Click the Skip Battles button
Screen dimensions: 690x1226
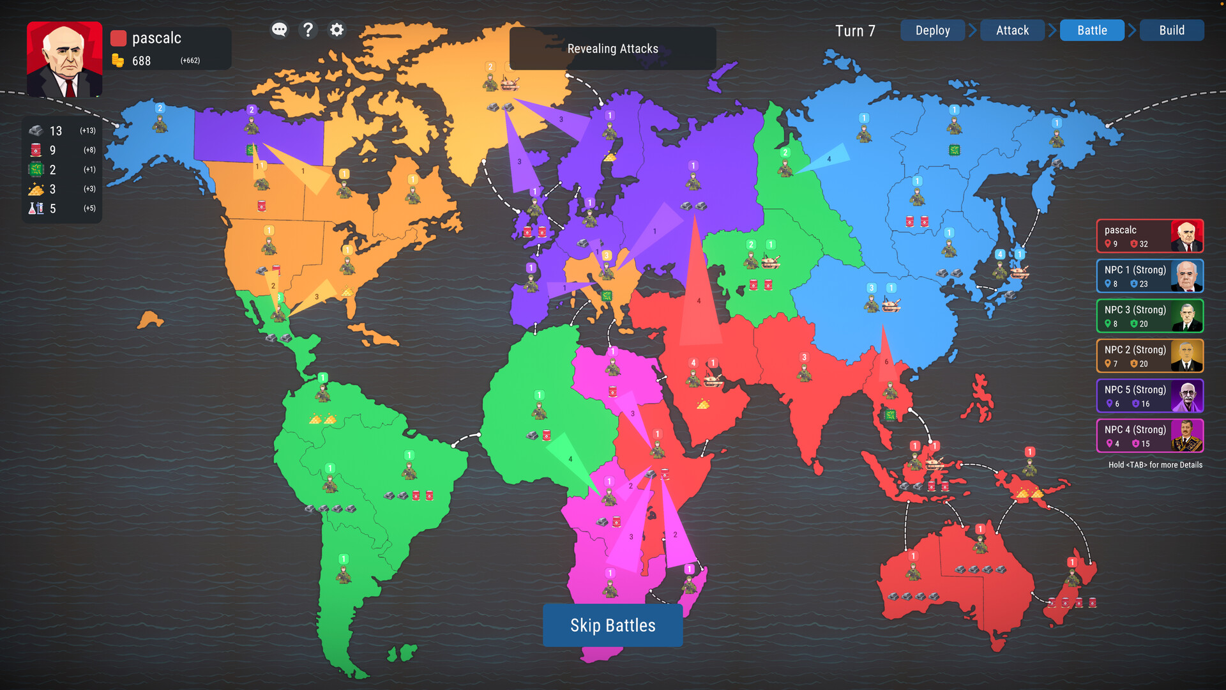tap(612, 625)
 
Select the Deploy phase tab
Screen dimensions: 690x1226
tap(932, 30)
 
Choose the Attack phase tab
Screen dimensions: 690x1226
tap(1012, 30)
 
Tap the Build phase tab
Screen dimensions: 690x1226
tap(1172, 30)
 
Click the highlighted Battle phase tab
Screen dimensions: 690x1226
tap(1092, 30)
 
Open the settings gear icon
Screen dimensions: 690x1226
tap(337, 29)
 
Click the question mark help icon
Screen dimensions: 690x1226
tap(308, 29)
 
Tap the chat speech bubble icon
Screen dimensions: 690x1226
tap(279, 29)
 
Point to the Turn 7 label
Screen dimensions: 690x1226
tap(855, 31)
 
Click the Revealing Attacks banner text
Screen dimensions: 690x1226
tap(612, 49)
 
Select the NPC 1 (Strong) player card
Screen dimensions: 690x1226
tap(1149, 276)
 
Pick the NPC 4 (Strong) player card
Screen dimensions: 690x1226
tap(1149, 436)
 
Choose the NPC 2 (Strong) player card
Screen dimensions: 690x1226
tap(1149, 356)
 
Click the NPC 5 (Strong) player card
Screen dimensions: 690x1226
tap(1149, 396)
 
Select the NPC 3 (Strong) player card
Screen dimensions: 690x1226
tap(1149, 316)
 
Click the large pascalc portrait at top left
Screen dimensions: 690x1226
tap(64, 59)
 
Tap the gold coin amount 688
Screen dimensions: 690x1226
tap(141, 61)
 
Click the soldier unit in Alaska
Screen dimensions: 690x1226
tap(160, 123)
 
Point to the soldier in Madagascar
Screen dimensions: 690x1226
tap(688, 583)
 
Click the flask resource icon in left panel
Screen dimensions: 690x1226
tap(36, 208)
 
